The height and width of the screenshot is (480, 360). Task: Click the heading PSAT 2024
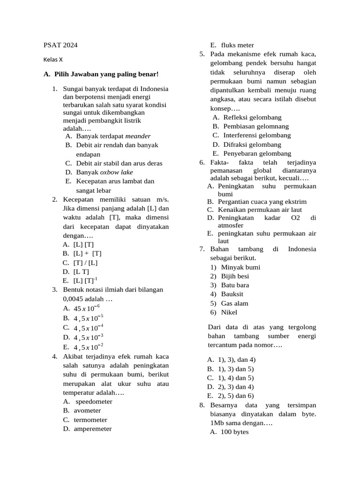pos(60,45)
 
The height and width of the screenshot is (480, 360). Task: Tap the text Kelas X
pos(53,60)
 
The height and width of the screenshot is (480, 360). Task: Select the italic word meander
pos(138,136)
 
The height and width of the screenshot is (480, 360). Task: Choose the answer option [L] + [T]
pos(87,253)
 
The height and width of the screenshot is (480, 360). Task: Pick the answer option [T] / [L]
pos(85,262)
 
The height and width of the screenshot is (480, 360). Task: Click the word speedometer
pos(94,402)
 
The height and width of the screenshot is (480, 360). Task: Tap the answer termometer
pos(90,420)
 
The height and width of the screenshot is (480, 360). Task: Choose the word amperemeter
pos(93,428)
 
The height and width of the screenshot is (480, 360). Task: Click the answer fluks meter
pos(238,45)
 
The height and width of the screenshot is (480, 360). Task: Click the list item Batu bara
pos(235,285)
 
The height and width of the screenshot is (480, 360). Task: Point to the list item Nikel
pos(229,312)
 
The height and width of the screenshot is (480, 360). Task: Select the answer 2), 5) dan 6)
pos(237,396)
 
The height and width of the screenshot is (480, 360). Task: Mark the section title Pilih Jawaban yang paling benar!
pos(106,74)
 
